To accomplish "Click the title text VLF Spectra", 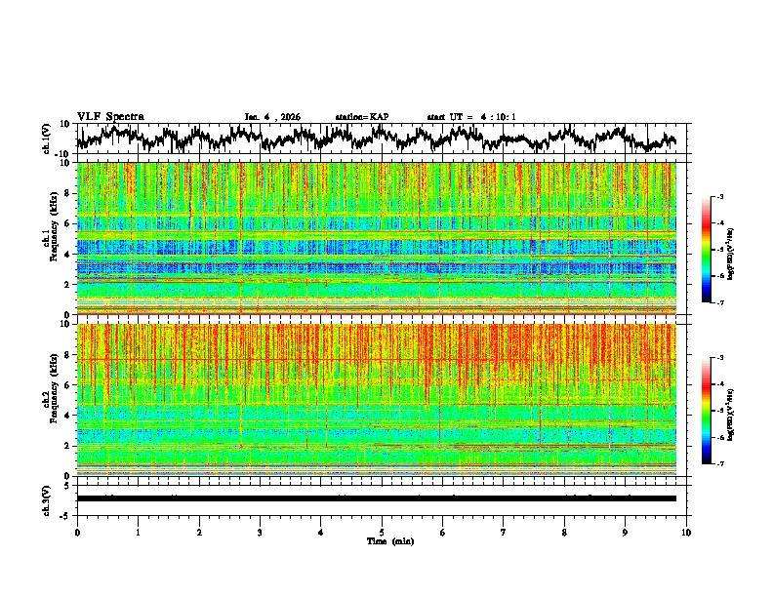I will (110, 116).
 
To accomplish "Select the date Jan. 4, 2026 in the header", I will (272, 117).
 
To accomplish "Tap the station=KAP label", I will (361, 117).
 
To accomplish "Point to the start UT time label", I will (471, 117).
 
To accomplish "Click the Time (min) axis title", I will (389, 540).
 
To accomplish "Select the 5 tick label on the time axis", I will (382, 533).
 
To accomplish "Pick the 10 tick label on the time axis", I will (686, 533).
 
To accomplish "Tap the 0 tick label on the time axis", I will (77, 533).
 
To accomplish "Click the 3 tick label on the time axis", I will (260, 533).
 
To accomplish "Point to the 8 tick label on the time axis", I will (564, 533).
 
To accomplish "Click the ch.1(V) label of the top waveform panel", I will (47, 139).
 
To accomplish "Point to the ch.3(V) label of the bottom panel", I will (47, 498).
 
